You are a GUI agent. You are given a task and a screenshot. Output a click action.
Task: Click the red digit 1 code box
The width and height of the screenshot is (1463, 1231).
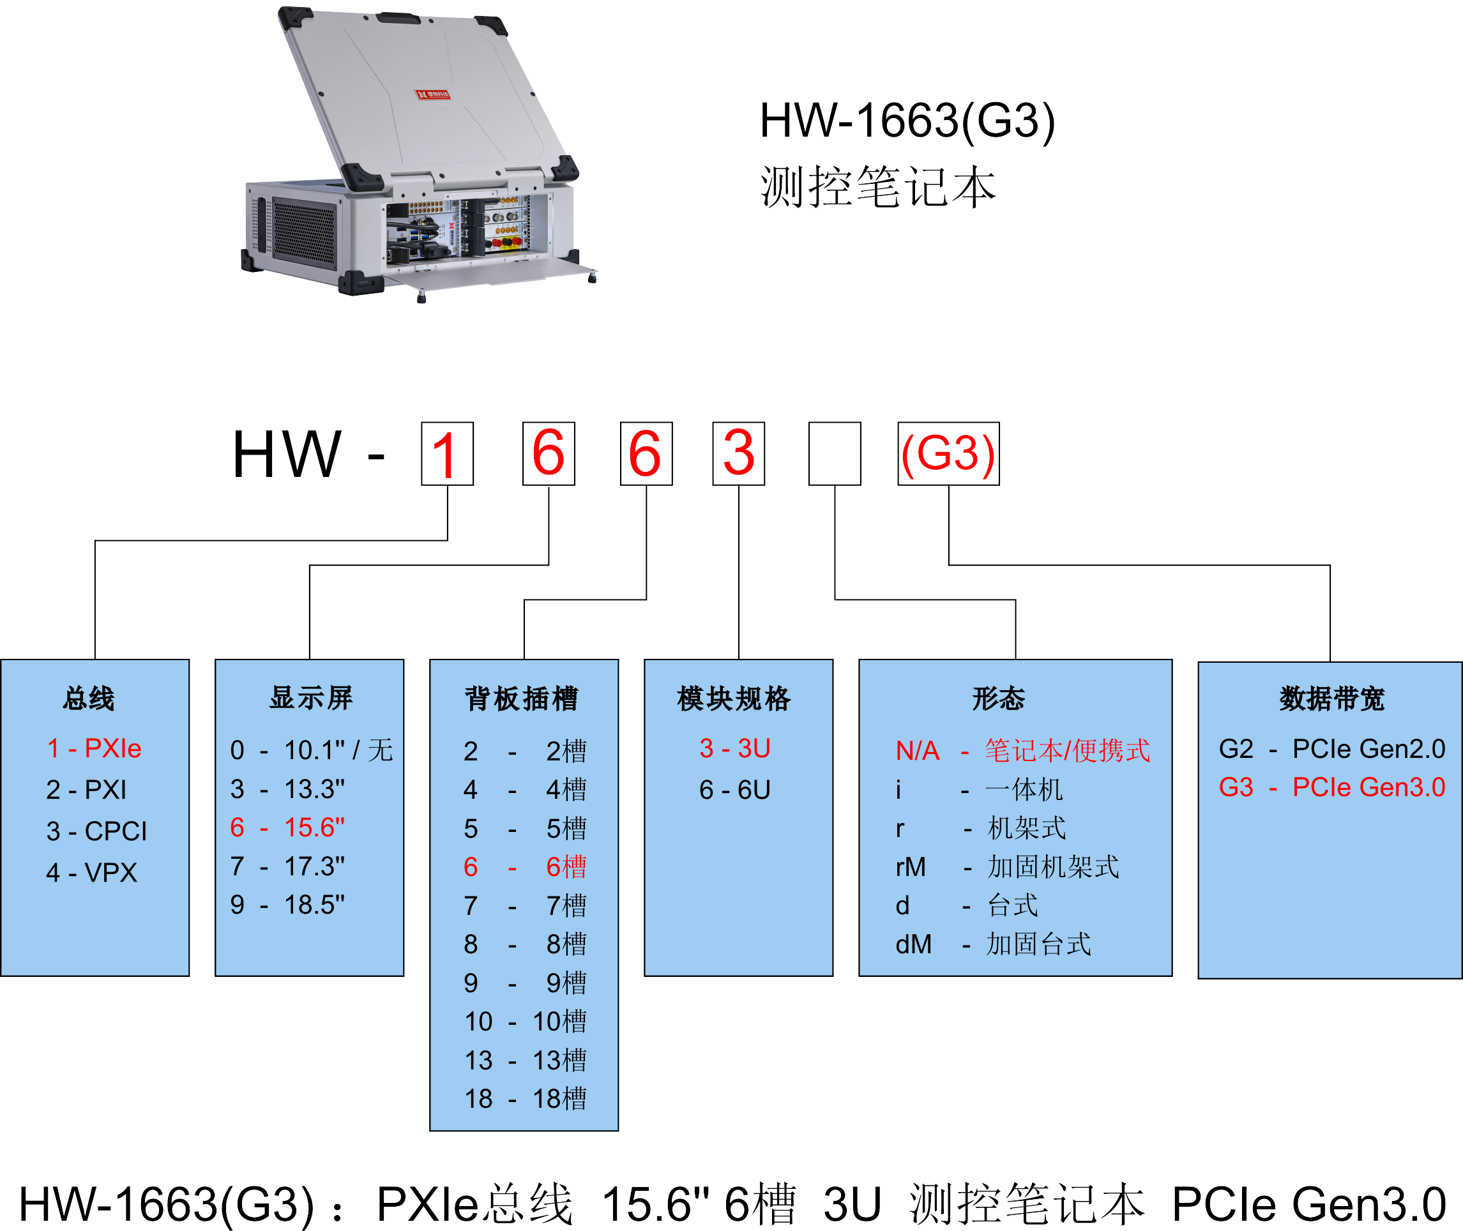pos(447,453)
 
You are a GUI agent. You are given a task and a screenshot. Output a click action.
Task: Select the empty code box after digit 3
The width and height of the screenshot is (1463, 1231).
pos(834,453)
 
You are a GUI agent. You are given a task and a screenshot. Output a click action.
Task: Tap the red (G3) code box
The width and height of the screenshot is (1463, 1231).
pos(948,453)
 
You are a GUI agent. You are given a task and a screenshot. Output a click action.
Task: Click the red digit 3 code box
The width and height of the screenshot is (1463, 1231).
pos(738,453)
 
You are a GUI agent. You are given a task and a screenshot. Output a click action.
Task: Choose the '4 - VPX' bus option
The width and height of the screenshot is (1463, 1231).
pos(91,872)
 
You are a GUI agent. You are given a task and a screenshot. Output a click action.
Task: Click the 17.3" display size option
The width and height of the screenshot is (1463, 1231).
pos(287,866)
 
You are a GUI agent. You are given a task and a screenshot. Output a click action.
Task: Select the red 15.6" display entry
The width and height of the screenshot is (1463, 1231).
pos(287,827)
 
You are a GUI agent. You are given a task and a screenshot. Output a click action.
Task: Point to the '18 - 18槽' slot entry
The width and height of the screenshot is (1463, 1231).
pos(525,1098)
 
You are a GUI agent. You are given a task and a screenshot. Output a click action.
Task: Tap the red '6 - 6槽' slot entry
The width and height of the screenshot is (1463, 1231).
pos(525,866)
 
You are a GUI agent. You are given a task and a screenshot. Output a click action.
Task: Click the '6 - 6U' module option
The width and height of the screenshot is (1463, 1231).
pos(735,789)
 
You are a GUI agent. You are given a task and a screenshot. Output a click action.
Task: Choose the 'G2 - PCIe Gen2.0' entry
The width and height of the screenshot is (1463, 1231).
pos(1332,749)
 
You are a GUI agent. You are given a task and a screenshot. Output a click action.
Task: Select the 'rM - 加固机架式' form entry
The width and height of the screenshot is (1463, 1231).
pos(1006,866)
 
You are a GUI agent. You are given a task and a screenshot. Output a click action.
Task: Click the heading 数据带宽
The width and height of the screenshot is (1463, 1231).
pos(1332,699)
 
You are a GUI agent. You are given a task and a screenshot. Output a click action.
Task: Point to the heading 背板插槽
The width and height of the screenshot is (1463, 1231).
pos(522,699)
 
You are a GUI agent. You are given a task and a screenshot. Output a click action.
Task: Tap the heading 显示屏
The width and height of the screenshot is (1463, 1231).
pos(311,698)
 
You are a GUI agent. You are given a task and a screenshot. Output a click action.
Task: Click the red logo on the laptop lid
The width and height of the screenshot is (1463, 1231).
pos(433,94)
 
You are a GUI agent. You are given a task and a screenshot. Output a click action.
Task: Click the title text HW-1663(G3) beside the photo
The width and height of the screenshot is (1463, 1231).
pos(907,120)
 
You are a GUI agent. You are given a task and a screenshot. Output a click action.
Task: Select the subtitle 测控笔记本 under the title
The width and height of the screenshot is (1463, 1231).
pos(878,187)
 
